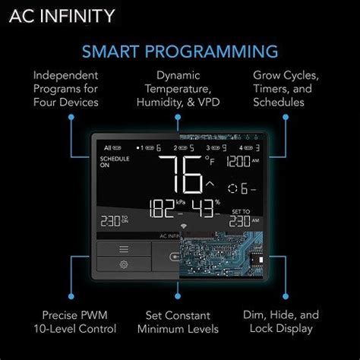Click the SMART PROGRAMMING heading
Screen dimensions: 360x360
179,52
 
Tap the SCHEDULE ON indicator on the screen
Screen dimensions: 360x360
115,163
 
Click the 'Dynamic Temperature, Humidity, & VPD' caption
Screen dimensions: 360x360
179,90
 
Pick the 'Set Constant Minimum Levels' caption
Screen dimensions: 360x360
179,321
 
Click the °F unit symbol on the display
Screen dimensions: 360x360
210,160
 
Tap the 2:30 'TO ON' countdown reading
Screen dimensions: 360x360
118,219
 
